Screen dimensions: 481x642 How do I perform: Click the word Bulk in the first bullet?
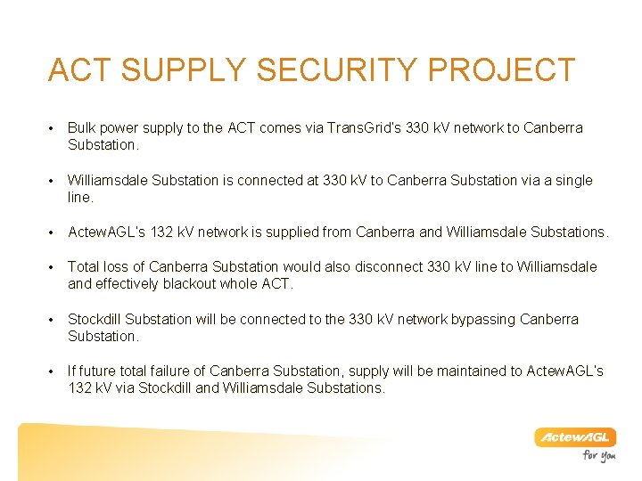(82, 128)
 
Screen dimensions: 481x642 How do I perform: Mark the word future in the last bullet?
(102, 371)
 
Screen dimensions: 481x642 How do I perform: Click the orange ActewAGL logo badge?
(575, 437)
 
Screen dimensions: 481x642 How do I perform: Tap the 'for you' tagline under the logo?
(599, 456)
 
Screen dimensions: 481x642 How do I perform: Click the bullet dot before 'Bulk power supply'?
(54, 129)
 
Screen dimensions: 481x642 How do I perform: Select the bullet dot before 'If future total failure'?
(54, 371)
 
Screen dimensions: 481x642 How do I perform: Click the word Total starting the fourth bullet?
(84, 267)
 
